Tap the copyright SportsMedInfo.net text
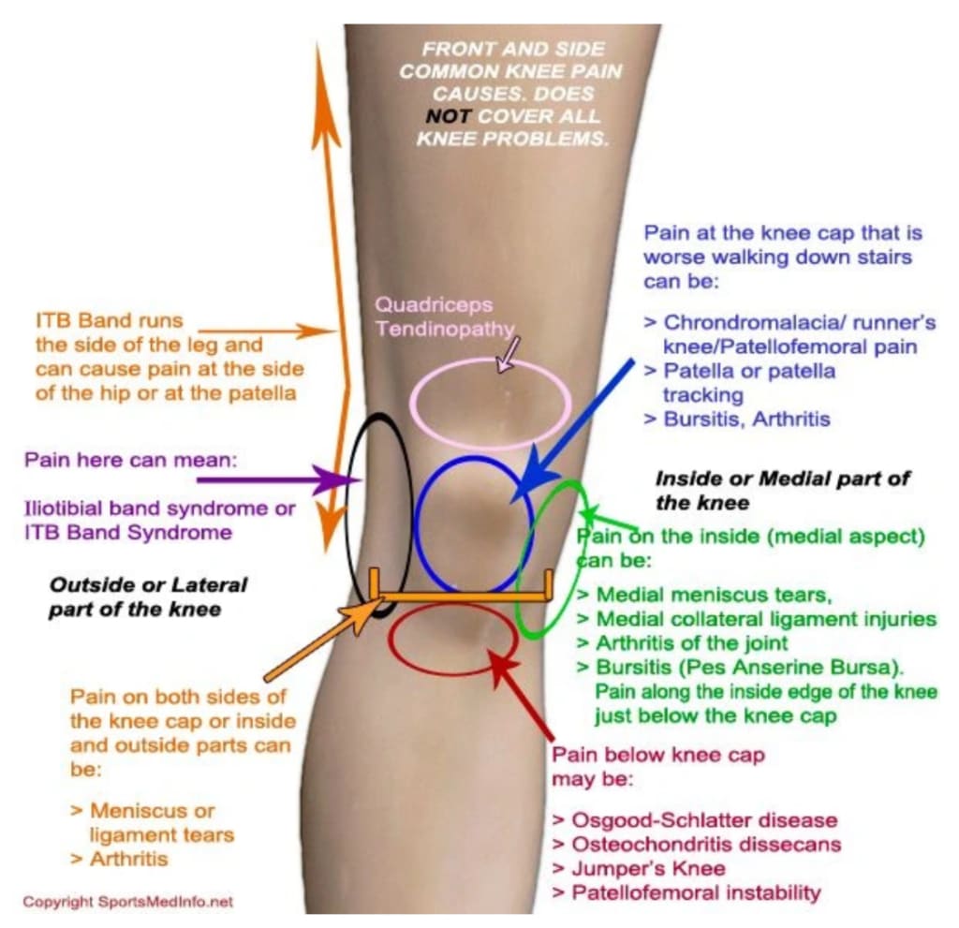(x=127, y=902)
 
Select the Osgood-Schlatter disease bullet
(x=694, y=820)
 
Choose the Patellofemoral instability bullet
(x=686, y=892)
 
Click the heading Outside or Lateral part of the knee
(x=147, y=597)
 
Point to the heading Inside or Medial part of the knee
(x=782, y=490)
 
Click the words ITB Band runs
(x=109, y=320)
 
